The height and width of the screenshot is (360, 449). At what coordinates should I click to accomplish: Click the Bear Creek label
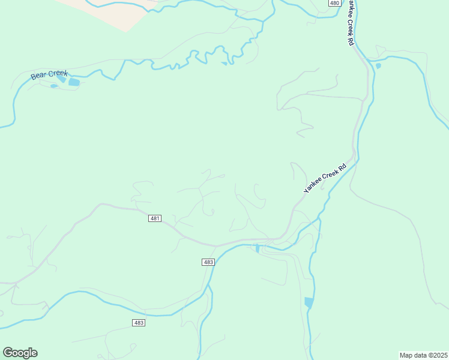coord(50,75)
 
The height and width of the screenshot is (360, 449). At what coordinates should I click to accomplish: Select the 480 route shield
coord(335,3)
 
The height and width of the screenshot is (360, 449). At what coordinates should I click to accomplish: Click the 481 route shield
coord(155,218)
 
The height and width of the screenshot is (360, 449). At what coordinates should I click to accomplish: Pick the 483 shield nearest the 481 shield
coord(208,262)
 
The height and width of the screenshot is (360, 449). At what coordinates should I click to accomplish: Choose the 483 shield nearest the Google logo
coord(139,323)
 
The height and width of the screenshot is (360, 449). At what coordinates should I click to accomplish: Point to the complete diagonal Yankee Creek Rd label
coord(325,178)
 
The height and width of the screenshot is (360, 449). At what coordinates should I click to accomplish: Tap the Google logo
coord(20,353)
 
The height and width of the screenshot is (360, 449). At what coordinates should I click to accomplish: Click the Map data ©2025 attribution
coord(423,355)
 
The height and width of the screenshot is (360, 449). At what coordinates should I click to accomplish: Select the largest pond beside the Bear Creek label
coord(74,82)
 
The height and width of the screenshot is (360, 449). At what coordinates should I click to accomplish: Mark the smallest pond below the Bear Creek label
coord(54,86)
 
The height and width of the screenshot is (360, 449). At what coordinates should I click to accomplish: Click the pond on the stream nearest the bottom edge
coord(309,302)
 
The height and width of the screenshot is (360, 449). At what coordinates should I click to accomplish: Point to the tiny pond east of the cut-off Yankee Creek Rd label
coord(378,65)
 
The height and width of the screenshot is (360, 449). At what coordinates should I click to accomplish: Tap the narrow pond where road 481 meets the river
coord(258,248)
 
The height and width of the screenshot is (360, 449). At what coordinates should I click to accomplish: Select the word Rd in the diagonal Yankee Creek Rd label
coord(342,167)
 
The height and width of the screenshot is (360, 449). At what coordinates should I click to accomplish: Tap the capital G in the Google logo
coord(8,352)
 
